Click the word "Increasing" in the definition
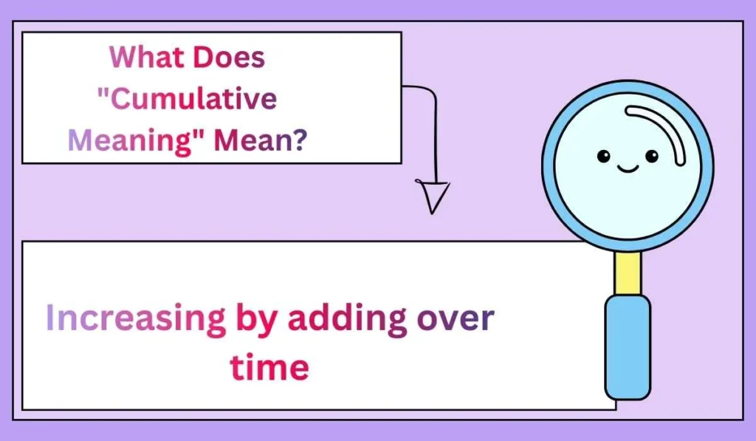coord(135,319)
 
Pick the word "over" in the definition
coord(456,319)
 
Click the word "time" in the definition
coord(269,366)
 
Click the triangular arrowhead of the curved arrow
coord(433,196)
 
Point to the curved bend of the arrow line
coord(428,92)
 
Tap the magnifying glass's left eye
coord(603,157)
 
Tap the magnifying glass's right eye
coord(651,156)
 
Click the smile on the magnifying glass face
coord(628,169)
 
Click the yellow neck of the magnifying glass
coord(628,272)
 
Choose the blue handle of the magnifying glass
coord(628,347)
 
